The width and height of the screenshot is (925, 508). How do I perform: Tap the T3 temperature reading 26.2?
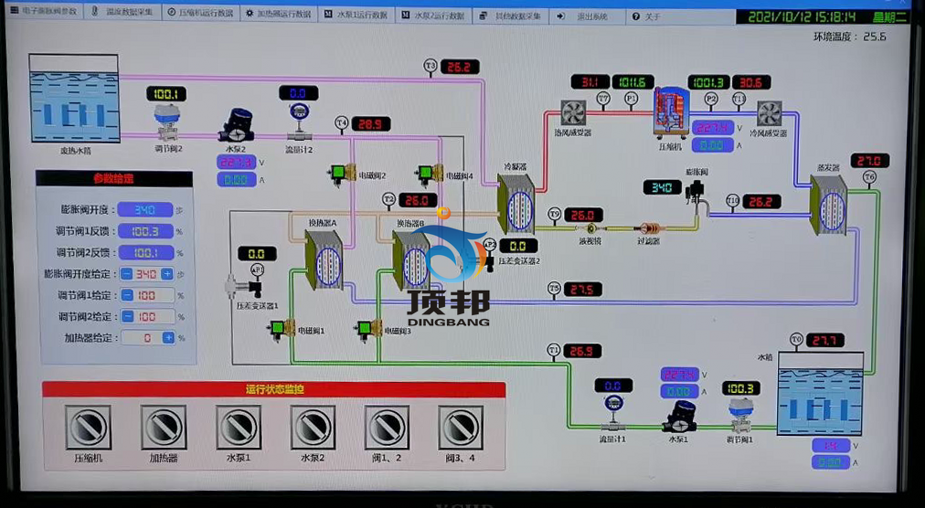coord(460,67)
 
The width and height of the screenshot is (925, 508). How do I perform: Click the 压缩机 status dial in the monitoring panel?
coord(88,427)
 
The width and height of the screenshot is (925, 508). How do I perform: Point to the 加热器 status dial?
coord(164,427)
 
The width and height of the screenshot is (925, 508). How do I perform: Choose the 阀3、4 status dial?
coord(460,427)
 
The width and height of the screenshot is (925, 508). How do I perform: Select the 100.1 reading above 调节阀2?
coord(167,94)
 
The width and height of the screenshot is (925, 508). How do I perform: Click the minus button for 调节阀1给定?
coord(127,295)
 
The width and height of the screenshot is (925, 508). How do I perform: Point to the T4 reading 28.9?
coord(371,124)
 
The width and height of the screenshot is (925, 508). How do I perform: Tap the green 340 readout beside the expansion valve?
coord(662,187)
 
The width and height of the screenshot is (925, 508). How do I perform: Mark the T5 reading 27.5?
coord(583,290)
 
